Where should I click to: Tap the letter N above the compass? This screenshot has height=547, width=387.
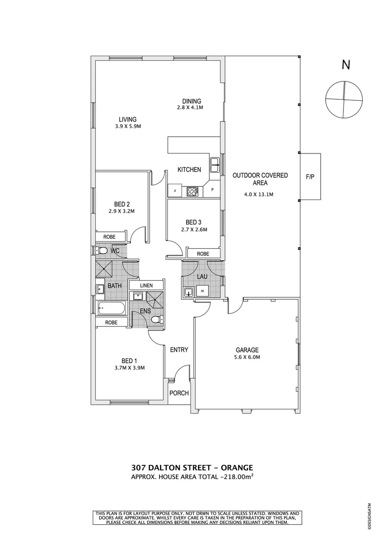point(346,65)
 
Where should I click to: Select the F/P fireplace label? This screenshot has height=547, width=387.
point(310,177)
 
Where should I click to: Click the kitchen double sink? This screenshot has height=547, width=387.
point(215,163)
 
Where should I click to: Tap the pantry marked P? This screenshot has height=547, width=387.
point(212,191)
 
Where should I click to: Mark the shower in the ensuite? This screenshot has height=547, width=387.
point(156,297)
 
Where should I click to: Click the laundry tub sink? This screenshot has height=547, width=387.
point(188,292)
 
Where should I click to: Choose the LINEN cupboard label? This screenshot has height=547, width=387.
point(146,286)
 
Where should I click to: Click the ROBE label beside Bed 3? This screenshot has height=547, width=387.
point(203,254)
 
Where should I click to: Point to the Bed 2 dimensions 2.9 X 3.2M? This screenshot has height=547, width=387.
point(122,211)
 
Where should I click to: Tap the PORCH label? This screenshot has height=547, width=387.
point(179,393)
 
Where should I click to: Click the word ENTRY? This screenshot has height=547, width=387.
point(179,349)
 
